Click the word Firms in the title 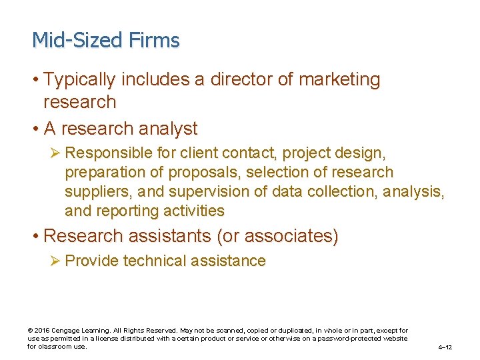155,41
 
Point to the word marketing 339,79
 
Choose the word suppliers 97,192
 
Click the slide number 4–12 445,347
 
